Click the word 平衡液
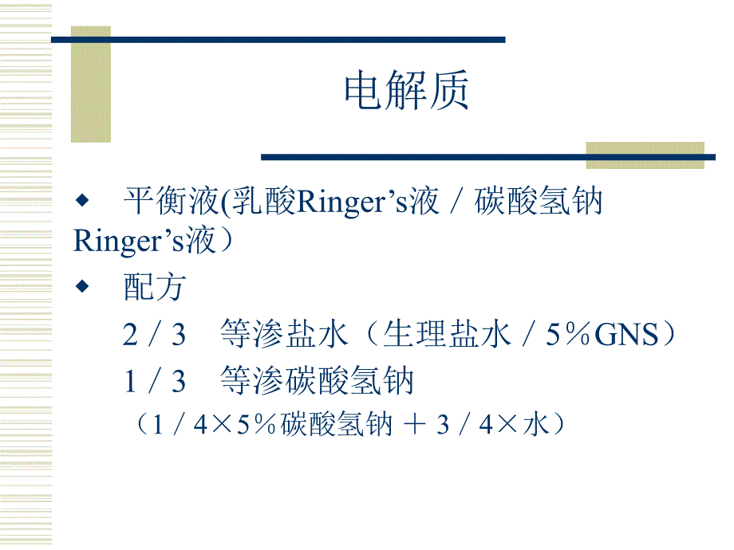pos(171,202)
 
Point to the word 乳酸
pos(262,202)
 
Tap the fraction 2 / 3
pos(154,335)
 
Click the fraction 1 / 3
pos(154,381)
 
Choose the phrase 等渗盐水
pos(284,335)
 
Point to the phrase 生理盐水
pos(447,335)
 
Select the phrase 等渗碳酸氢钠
pos(317,381)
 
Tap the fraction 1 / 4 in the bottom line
pos(180,424)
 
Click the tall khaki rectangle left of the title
pos(91,84)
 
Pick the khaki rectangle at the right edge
pos(645,155)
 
